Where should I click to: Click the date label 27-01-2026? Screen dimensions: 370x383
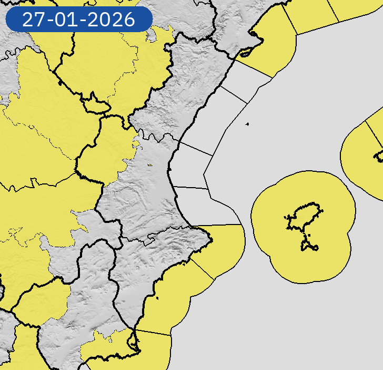(78, 20)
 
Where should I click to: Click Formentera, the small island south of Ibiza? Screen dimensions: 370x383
(310, 246)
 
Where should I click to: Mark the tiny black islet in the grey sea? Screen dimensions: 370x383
(247, 124)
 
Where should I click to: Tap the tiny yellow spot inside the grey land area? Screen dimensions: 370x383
(149, 165)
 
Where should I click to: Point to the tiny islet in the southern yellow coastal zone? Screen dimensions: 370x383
(157, 299)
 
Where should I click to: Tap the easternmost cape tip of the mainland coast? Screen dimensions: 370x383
(211, 241)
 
